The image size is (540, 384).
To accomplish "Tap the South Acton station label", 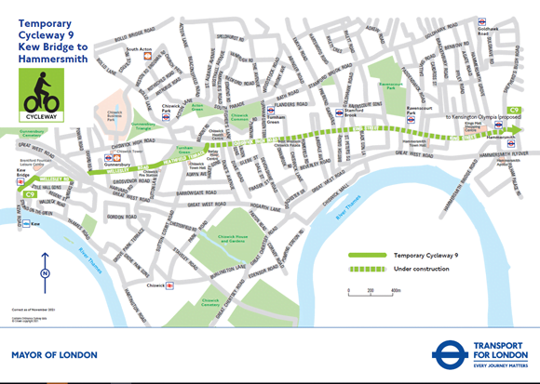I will point(139,50).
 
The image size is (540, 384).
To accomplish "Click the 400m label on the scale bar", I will point(396,291).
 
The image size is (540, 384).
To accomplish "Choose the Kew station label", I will point(36,224).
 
